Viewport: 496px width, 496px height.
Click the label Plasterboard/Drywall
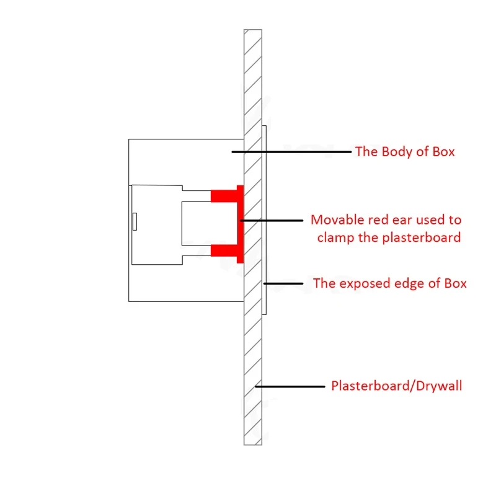[x=396, y=386]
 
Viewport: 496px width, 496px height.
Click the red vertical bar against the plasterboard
[x=239, y=223]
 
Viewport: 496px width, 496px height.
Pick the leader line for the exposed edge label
[x=283, y=283]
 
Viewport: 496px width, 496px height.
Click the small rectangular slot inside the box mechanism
[x=134, y=221]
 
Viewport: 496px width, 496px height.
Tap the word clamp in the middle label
[x=335, y=237]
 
